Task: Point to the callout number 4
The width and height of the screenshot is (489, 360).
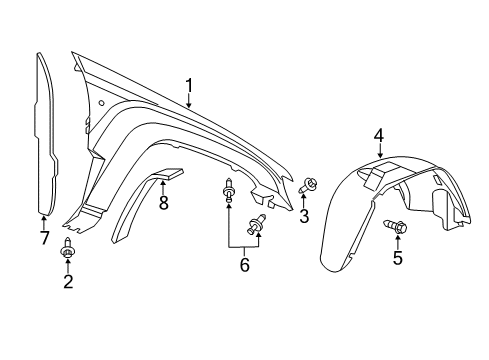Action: pos(379,134)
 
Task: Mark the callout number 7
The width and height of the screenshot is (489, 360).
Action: pos(43,237)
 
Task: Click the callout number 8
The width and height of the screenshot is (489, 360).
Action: pos(163,203)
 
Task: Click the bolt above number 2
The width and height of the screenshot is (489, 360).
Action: pos(67,249)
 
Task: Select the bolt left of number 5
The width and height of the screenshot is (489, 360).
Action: pos(393,229)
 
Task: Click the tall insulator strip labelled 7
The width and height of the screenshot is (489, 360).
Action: pos(46,130)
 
